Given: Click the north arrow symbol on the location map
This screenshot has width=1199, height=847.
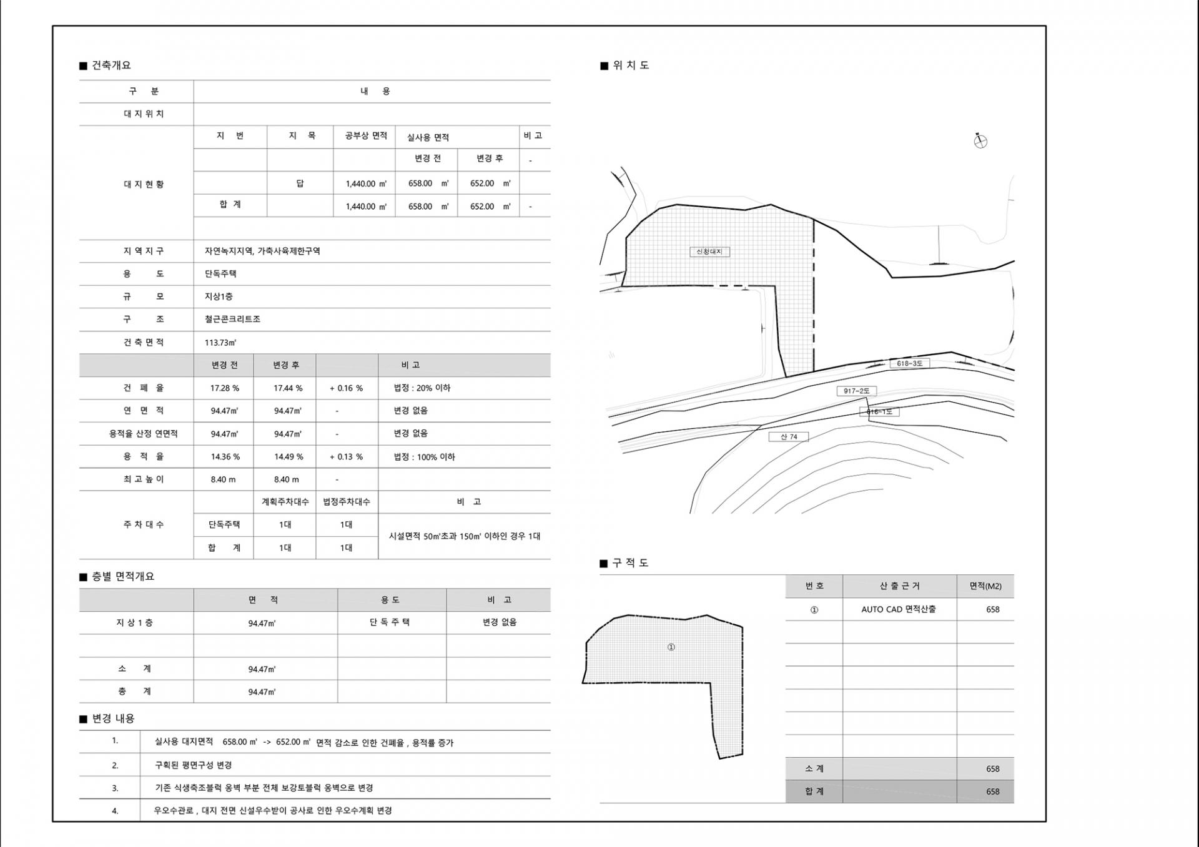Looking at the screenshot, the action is [x=980, y=140].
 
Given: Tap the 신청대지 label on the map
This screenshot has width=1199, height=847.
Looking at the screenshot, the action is [x=709, y=252].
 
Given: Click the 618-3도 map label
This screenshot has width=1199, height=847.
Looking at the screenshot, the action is [x=909, y=363].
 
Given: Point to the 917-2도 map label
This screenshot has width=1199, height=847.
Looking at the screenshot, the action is [x=856, y=391].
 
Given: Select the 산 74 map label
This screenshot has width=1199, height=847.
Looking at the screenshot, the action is [x=789, y=437].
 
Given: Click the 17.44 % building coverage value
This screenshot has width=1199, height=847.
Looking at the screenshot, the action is [x=288, y=388].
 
